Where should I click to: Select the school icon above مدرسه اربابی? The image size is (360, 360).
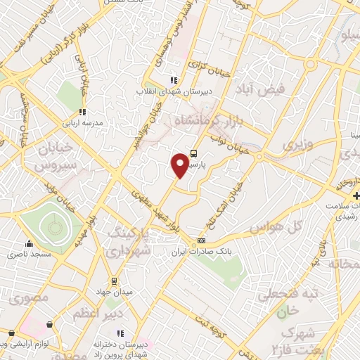click(82, 112)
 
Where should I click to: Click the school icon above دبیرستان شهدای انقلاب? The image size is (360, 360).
click(174, 79)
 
